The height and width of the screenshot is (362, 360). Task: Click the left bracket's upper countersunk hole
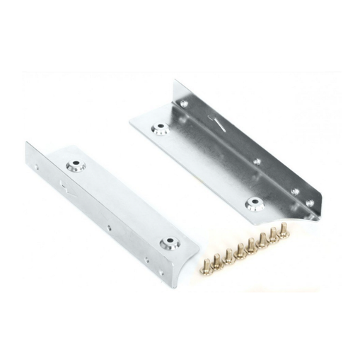pyautogui.click(x=74, y=166)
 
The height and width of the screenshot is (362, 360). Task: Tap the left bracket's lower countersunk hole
pyautogui.click(x=168, y=244)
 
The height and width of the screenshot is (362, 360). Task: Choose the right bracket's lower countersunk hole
pyautogui.click(x=252, y=203)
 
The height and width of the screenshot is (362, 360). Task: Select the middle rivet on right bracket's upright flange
pyautogui.click(x=257, y=162)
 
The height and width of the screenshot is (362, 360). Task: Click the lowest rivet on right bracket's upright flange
pyautogui.click(x=308, y=204)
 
